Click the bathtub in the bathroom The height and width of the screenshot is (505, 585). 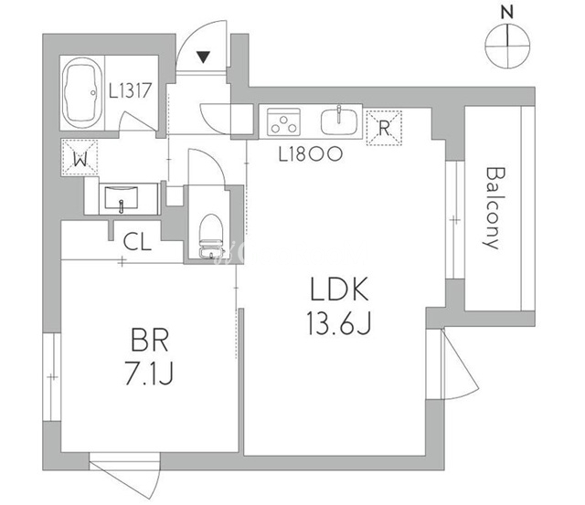pos(81,92)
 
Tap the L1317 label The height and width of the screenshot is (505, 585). pos(136,91)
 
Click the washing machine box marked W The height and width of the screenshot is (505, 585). pos(81,156)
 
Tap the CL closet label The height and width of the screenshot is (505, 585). pos(138,242)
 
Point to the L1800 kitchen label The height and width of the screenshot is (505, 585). pos(310,153)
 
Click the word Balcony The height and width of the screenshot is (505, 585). pos(495,207)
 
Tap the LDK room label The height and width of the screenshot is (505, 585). pos(338,290)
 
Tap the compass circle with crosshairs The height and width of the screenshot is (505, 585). pos(508,45)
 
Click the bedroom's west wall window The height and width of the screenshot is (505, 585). pos(53,375)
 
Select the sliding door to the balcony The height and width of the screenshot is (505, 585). pos(453,219)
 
